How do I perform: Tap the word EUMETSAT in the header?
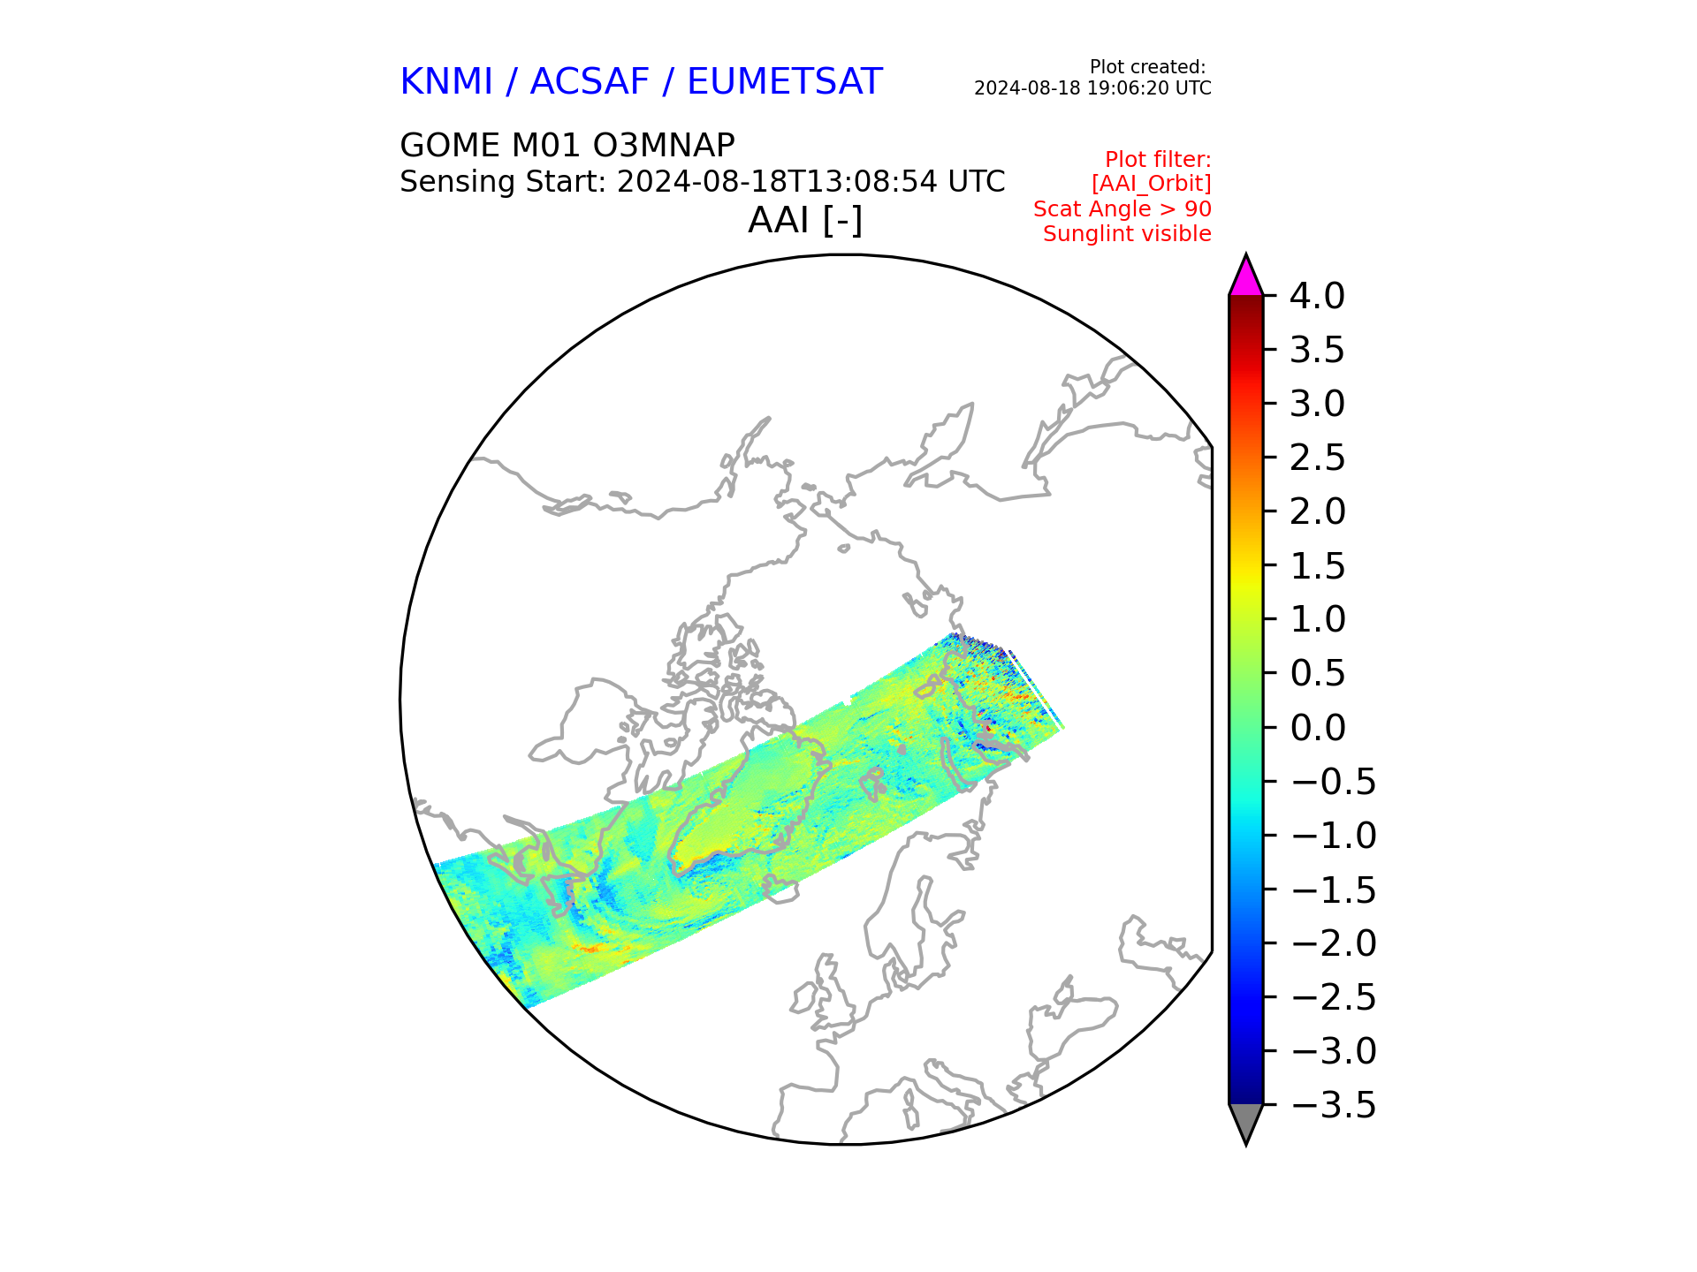click(x=785, y=82)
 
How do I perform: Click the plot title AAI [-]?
click(x=805, y=220)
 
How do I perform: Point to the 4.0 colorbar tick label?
click(x=1317, y=296)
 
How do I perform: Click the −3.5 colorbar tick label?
click(x=1334, y=1105)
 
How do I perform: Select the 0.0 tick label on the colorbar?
click(x=1317, y=728)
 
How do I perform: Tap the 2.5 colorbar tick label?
click(x=1317, y=458)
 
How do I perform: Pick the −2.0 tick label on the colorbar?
click(x=1334, y=943)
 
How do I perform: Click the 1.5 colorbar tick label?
click(x=1317, y=566)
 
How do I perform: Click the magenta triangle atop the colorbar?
click(x=1246, y=276)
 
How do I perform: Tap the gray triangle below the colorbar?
click(x=1246, y=1124)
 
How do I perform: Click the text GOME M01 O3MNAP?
click(x=567, y=145)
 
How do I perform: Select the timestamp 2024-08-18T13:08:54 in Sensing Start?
click(x=778, y=182)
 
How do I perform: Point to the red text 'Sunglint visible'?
click(x=1127, y=234)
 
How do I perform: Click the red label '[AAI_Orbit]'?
click(x=1152, y=184)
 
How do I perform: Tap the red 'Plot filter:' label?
click(x=1158, y=160)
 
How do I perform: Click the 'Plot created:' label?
click(x=1147, y=67)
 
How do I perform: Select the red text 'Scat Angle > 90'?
click(x=1122, y=209)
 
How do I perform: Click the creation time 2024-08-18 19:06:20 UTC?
click(x=1092, y=88)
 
